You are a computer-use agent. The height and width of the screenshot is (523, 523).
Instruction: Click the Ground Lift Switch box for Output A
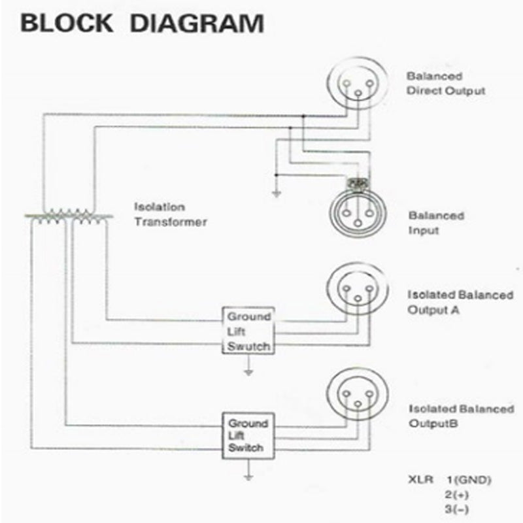(248, 331)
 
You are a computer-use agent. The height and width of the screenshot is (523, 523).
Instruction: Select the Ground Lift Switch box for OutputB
(248, 435)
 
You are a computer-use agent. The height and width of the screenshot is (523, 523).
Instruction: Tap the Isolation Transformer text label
(170, 214)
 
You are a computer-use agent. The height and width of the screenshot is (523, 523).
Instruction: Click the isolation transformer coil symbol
(68, 216)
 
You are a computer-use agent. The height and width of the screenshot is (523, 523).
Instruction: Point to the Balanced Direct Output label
(445, 84)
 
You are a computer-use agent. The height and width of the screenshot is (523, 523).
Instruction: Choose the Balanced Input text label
(436, 223)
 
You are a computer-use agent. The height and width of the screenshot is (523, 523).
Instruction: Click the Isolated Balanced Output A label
(460, 302)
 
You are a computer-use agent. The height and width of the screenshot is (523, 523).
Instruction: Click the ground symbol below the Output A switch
(248, 372)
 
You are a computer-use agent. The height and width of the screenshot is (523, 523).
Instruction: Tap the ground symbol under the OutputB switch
(248, 477)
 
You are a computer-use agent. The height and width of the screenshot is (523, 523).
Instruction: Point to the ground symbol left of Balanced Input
(276, 192)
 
